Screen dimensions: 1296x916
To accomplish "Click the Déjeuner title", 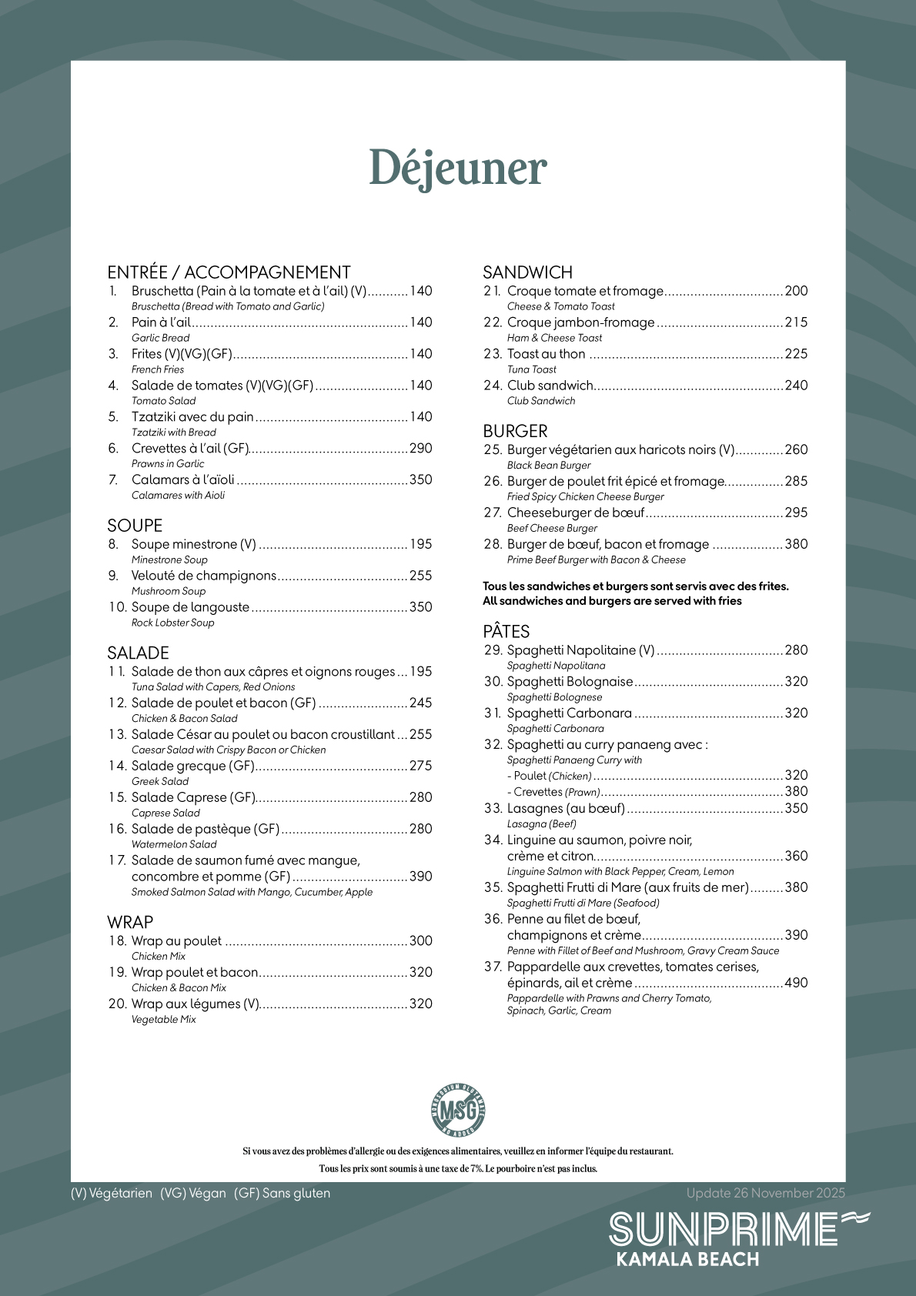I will (x=457, y=169).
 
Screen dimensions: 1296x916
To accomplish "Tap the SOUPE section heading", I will (x=135, y=526).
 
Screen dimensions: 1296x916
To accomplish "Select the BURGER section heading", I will (x=515, y=431).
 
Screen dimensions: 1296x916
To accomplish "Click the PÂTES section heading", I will (x=506, y=632).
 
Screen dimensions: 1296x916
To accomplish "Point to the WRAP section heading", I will (x=130, y=922).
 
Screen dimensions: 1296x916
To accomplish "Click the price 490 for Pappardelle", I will (x=796, y=983).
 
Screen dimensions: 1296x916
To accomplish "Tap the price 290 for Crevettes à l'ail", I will (x=420, y=449).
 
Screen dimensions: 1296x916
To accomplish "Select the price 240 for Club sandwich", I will (x=796, y=386).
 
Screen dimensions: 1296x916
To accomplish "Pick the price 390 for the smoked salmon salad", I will (x=420, y=877).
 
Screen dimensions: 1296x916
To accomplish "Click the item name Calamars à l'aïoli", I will (x=183, y=480).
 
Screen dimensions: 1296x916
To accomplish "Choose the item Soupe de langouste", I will (x=190, y=607).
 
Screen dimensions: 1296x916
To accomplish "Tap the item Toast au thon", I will (x=546, y=354).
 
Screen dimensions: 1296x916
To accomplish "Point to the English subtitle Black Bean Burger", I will (x=549, y=466).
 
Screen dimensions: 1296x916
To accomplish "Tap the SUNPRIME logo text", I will (x=724, y=1230).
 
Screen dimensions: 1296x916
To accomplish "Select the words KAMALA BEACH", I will (x=687, y=1260).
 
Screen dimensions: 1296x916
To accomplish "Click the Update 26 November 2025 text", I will (x=765, y=1194).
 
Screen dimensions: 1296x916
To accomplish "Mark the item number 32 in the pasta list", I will (x=493, y=745).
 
